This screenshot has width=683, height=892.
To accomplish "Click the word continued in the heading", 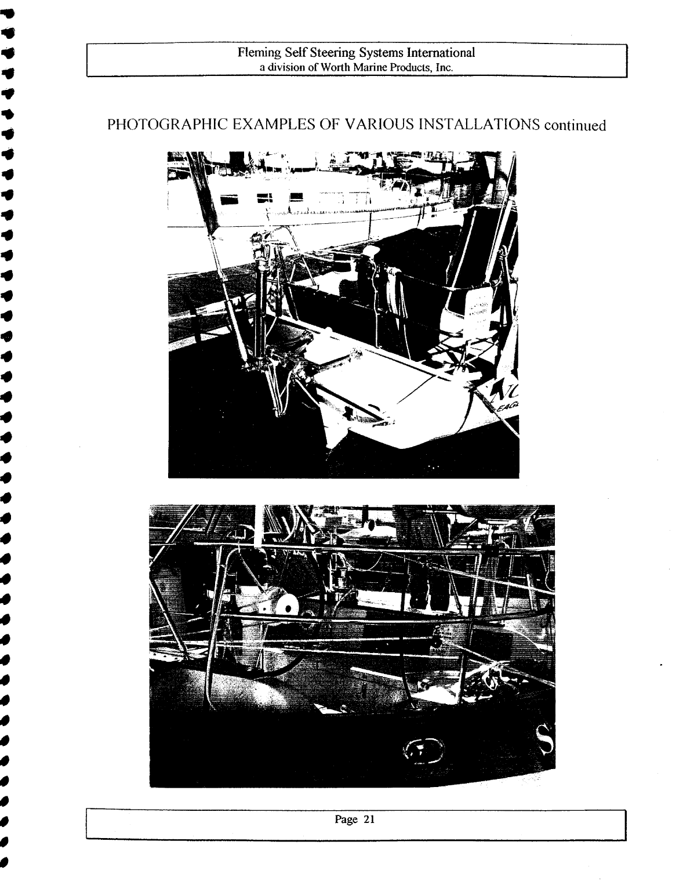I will click(574, 126).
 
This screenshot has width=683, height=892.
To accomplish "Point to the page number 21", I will click(369, 820).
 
